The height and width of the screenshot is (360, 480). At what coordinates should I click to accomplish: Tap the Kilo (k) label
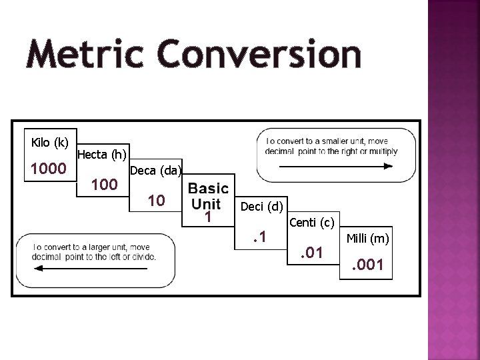click(x=50, y=142)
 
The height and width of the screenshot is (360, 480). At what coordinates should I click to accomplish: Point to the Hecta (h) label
click(x=102, y=155)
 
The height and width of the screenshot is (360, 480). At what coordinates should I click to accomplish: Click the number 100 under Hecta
click(x=105, y=183)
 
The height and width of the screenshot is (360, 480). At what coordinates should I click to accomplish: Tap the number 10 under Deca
click(x=156, y=199)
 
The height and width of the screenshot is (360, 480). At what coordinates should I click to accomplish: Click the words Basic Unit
click(x=208, y=195)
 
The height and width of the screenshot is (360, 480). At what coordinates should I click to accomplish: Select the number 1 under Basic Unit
click(x=208, y=217)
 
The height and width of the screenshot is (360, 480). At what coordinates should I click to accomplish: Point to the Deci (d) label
click(x=262, y=207)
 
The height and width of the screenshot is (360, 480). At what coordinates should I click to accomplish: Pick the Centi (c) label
click(x=311, y=222)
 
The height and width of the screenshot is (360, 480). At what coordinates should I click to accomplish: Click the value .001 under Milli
click(x=368, y=267)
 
